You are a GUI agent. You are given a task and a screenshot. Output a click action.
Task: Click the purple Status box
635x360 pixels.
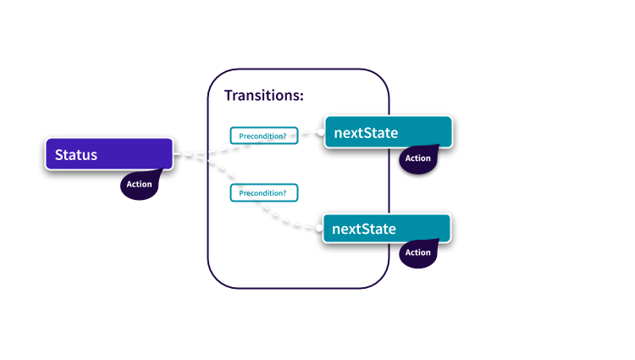108,154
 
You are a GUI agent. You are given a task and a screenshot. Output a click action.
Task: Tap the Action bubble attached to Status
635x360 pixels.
140,184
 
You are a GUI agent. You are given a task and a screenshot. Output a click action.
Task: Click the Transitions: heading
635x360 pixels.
263,95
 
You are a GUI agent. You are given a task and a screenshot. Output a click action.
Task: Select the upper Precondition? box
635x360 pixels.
263,135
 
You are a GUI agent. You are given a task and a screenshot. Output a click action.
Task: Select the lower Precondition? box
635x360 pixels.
263,192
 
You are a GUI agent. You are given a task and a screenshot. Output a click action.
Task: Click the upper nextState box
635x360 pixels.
388,132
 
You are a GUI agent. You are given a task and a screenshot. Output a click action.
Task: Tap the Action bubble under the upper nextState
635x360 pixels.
417,158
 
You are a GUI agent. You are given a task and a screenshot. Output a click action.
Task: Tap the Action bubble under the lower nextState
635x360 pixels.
417,252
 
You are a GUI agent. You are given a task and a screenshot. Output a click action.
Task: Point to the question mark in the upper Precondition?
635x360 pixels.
284,136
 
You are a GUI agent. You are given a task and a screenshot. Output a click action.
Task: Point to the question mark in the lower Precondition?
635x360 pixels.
284,193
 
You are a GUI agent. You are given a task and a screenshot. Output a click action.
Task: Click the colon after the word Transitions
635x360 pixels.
301,96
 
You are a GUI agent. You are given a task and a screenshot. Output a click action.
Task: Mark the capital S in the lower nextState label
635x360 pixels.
365,229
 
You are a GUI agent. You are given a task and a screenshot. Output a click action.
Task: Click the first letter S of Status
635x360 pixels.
59,155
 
